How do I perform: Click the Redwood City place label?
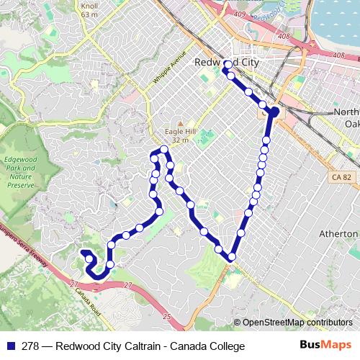[227, 63]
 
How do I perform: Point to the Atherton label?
[344, 234]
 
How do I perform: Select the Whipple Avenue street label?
[170, 70]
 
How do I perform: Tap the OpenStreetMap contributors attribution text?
[297, 322]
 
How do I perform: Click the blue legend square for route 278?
[9, 346]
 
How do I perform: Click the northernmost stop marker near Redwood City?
[228, 65]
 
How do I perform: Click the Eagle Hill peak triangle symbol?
[180, 123]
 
